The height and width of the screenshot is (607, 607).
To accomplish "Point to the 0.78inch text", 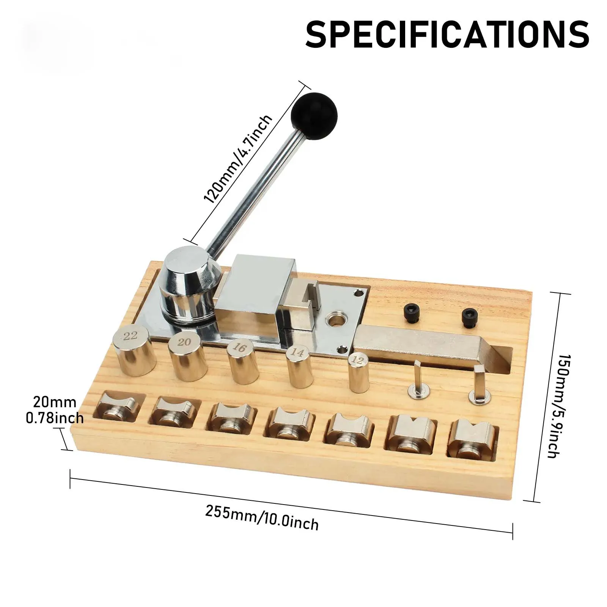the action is coord(55,418).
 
